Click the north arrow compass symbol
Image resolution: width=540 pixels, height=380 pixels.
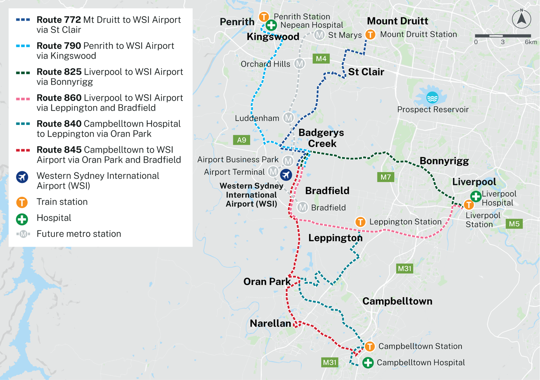pyautogui.click(x=522, y=19)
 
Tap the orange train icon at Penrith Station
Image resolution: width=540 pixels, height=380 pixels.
pyautogui.click(x=264, y=17)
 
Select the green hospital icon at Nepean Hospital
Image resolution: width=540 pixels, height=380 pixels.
pyautogui.click(x=271, y=25)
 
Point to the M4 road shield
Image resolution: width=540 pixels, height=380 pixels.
pyautogui.click(x=321, y=58)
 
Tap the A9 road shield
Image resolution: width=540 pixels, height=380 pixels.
pyautogui.click(x=242, y=140)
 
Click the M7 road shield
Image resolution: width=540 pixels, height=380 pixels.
pyautogui.click(x=386, y=177)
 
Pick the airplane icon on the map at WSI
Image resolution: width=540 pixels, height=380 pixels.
pyautogui.click(x=285, y=174)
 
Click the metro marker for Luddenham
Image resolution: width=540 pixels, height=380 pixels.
pyautogui.click(x=288, y=118)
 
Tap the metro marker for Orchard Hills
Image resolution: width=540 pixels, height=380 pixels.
pyautogui.click(x=299, y=64)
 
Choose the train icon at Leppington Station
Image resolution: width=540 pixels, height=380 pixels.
pyautogui.click(x=360, y=222)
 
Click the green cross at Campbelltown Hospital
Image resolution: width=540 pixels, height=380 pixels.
pyautogui.click(x=368, y=362)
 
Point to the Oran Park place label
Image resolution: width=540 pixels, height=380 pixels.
pyautogui.click(x=267, y=282)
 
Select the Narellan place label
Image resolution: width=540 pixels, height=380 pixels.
pyautogui.click(x=270, y=323)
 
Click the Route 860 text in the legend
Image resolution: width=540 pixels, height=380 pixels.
pyautogui.click(x=59, y=98)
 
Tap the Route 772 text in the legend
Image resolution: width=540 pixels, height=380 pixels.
pyautogui.click(x=59, y=20)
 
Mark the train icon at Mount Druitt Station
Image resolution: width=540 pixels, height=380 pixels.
pyautogui.click(x=370, y=34)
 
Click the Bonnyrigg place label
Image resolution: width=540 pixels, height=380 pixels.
pyautogui.click(x=444, y=161)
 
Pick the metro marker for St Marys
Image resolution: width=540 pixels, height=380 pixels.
pyautogui.click(x=319, y=35)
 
